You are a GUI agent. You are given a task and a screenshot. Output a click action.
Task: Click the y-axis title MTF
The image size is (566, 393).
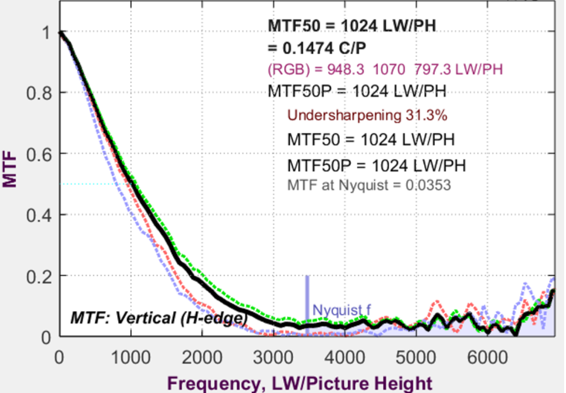click(10, 168)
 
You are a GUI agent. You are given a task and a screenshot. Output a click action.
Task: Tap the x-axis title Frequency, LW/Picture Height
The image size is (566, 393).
click(300, 383)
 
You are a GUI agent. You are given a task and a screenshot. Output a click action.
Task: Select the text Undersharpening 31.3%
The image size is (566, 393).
click(367, 115)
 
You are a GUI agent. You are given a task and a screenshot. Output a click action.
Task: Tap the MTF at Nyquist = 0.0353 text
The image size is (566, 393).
click(369, 185)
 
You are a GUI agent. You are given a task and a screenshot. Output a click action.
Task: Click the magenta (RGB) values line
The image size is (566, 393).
click(385, 70)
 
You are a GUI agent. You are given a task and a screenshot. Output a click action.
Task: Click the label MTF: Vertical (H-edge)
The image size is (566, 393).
click(159, 318)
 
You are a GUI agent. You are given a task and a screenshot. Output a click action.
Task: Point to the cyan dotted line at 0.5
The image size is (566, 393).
click(90, 184)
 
